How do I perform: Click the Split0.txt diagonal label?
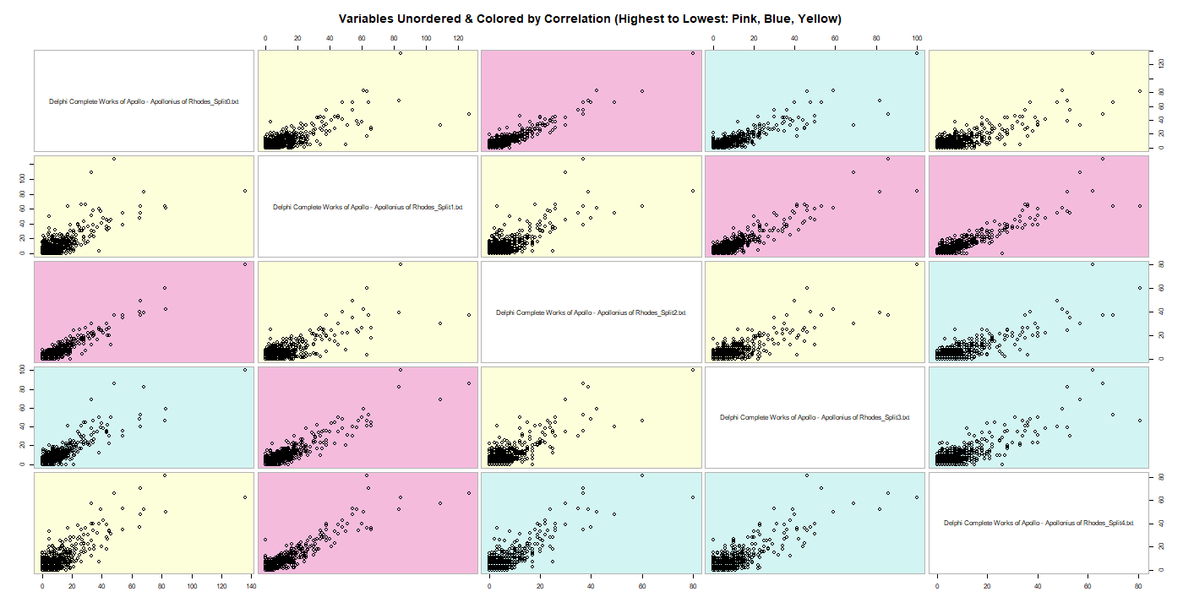pyautogui.click(x=144, y=101)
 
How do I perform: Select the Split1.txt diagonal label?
pyautogui.click(x=368, y=207)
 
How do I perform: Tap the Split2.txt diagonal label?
pyautogui.click(x=591, y=312)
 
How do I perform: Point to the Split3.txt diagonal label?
pyautogui.click(x=815, y=417)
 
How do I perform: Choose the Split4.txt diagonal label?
pyautogui.click(x=1039, y=523)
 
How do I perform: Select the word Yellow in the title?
pyautogui.click(x=816, y=19)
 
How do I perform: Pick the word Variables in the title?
pyautogui.click(x=368, y=19)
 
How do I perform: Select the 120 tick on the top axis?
pyautogui.click(x=458, y=38)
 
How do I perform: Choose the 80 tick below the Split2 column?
pyautogui.click(x=693, y=585)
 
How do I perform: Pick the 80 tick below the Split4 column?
pyautogui.click(x=1138, y=585)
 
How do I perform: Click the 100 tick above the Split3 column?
pyautogui.click(x=917, y=38)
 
